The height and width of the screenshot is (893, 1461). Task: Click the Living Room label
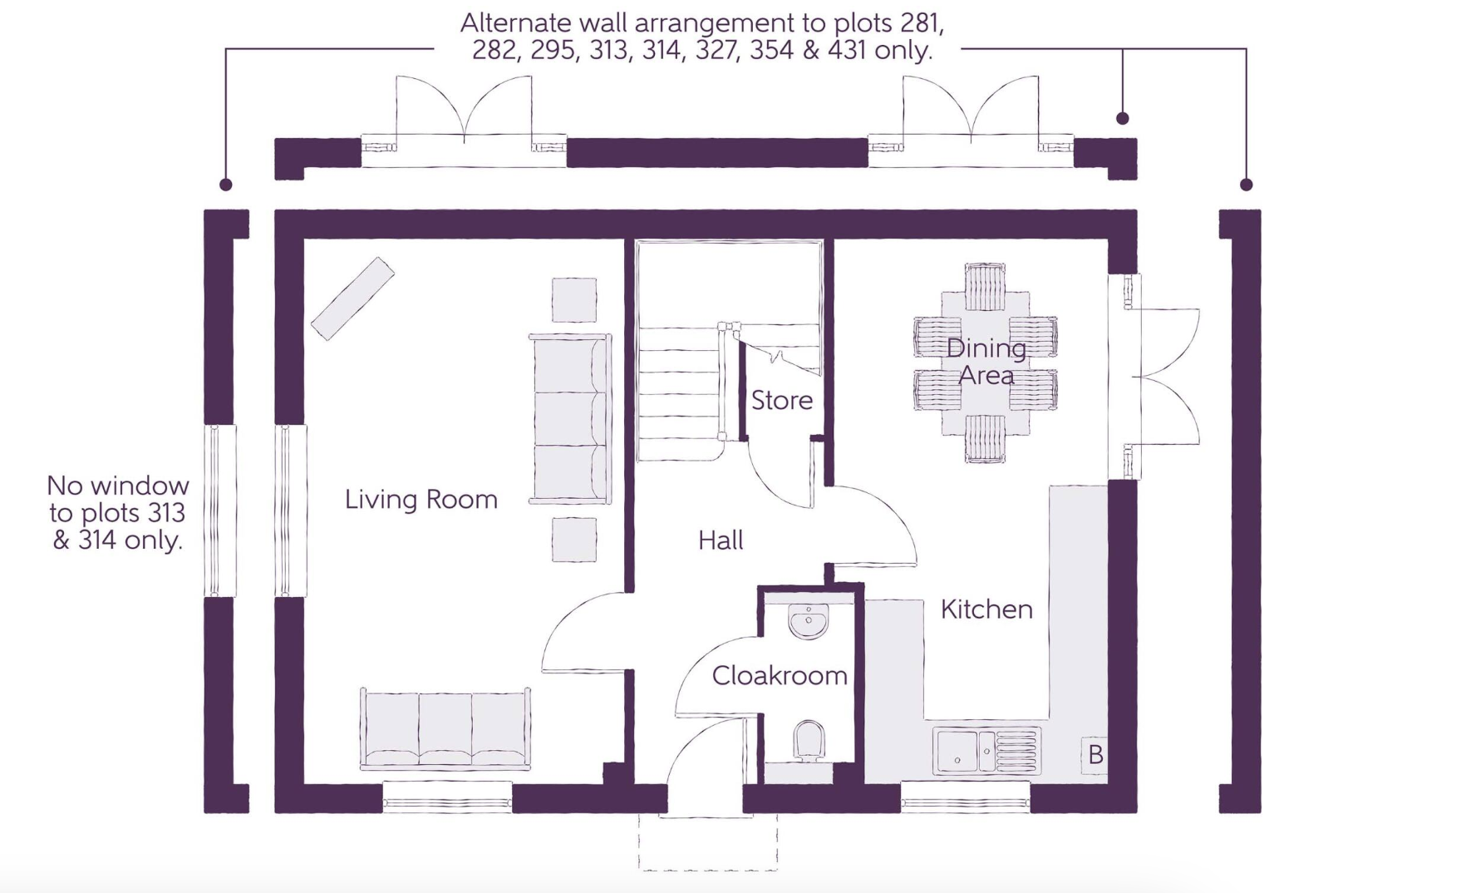(x=421, y=499)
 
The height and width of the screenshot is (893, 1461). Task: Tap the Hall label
(x=721, y=540)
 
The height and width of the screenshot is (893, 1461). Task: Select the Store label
(x=782, y=401)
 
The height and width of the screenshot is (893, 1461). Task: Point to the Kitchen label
(x=986, y=609)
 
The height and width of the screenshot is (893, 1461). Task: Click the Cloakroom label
(x=780, y=675)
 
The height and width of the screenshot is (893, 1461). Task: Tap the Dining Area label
(x=986, y=361)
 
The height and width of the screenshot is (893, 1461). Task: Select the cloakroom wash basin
(x=808, y=622)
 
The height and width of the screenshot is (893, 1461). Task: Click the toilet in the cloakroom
(x=809, y=741)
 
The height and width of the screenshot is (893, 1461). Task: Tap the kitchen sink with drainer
(x=986, y=751)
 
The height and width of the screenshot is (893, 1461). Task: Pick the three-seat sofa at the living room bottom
(x=445, y=728)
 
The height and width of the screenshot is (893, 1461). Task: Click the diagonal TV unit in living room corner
(x=352, y=298)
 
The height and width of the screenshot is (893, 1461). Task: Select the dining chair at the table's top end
(x=985, y=287)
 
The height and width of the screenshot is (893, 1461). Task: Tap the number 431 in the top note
(x=847, y=50)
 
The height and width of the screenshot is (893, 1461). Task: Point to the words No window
(x=118, y=486)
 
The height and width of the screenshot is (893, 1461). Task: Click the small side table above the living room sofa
(x=574, y=300)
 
